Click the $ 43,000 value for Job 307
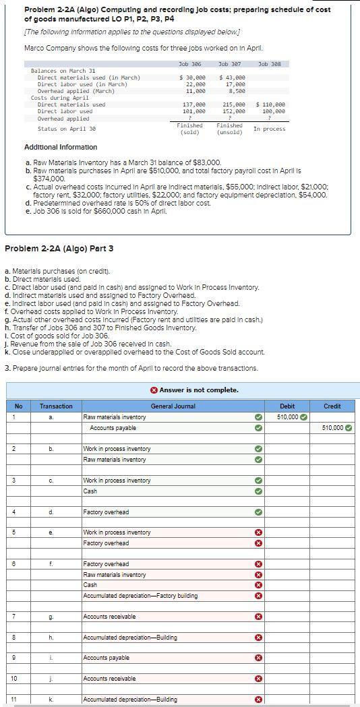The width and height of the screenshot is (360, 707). click(231, 78)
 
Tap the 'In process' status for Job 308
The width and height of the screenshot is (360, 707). click(269, 129)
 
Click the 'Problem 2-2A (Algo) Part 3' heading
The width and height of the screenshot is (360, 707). click(59, 249)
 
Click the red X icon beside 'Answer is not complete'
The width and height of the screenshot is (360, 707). click(154, 390)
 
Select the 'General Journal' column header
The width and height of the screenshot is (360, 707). click(173, 406)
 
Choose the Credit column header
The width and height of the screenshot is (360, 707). click(332, 406)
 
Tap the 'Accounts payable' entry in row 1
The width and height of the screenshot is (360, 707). click(113, 428)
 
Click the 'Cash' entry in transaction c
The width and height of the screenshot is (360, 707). click(90, 491)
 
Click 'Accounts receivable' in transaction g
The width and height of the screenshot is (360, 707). click(109, 617)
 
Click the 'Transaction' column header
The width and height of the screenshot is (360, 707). click(56, 406)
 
